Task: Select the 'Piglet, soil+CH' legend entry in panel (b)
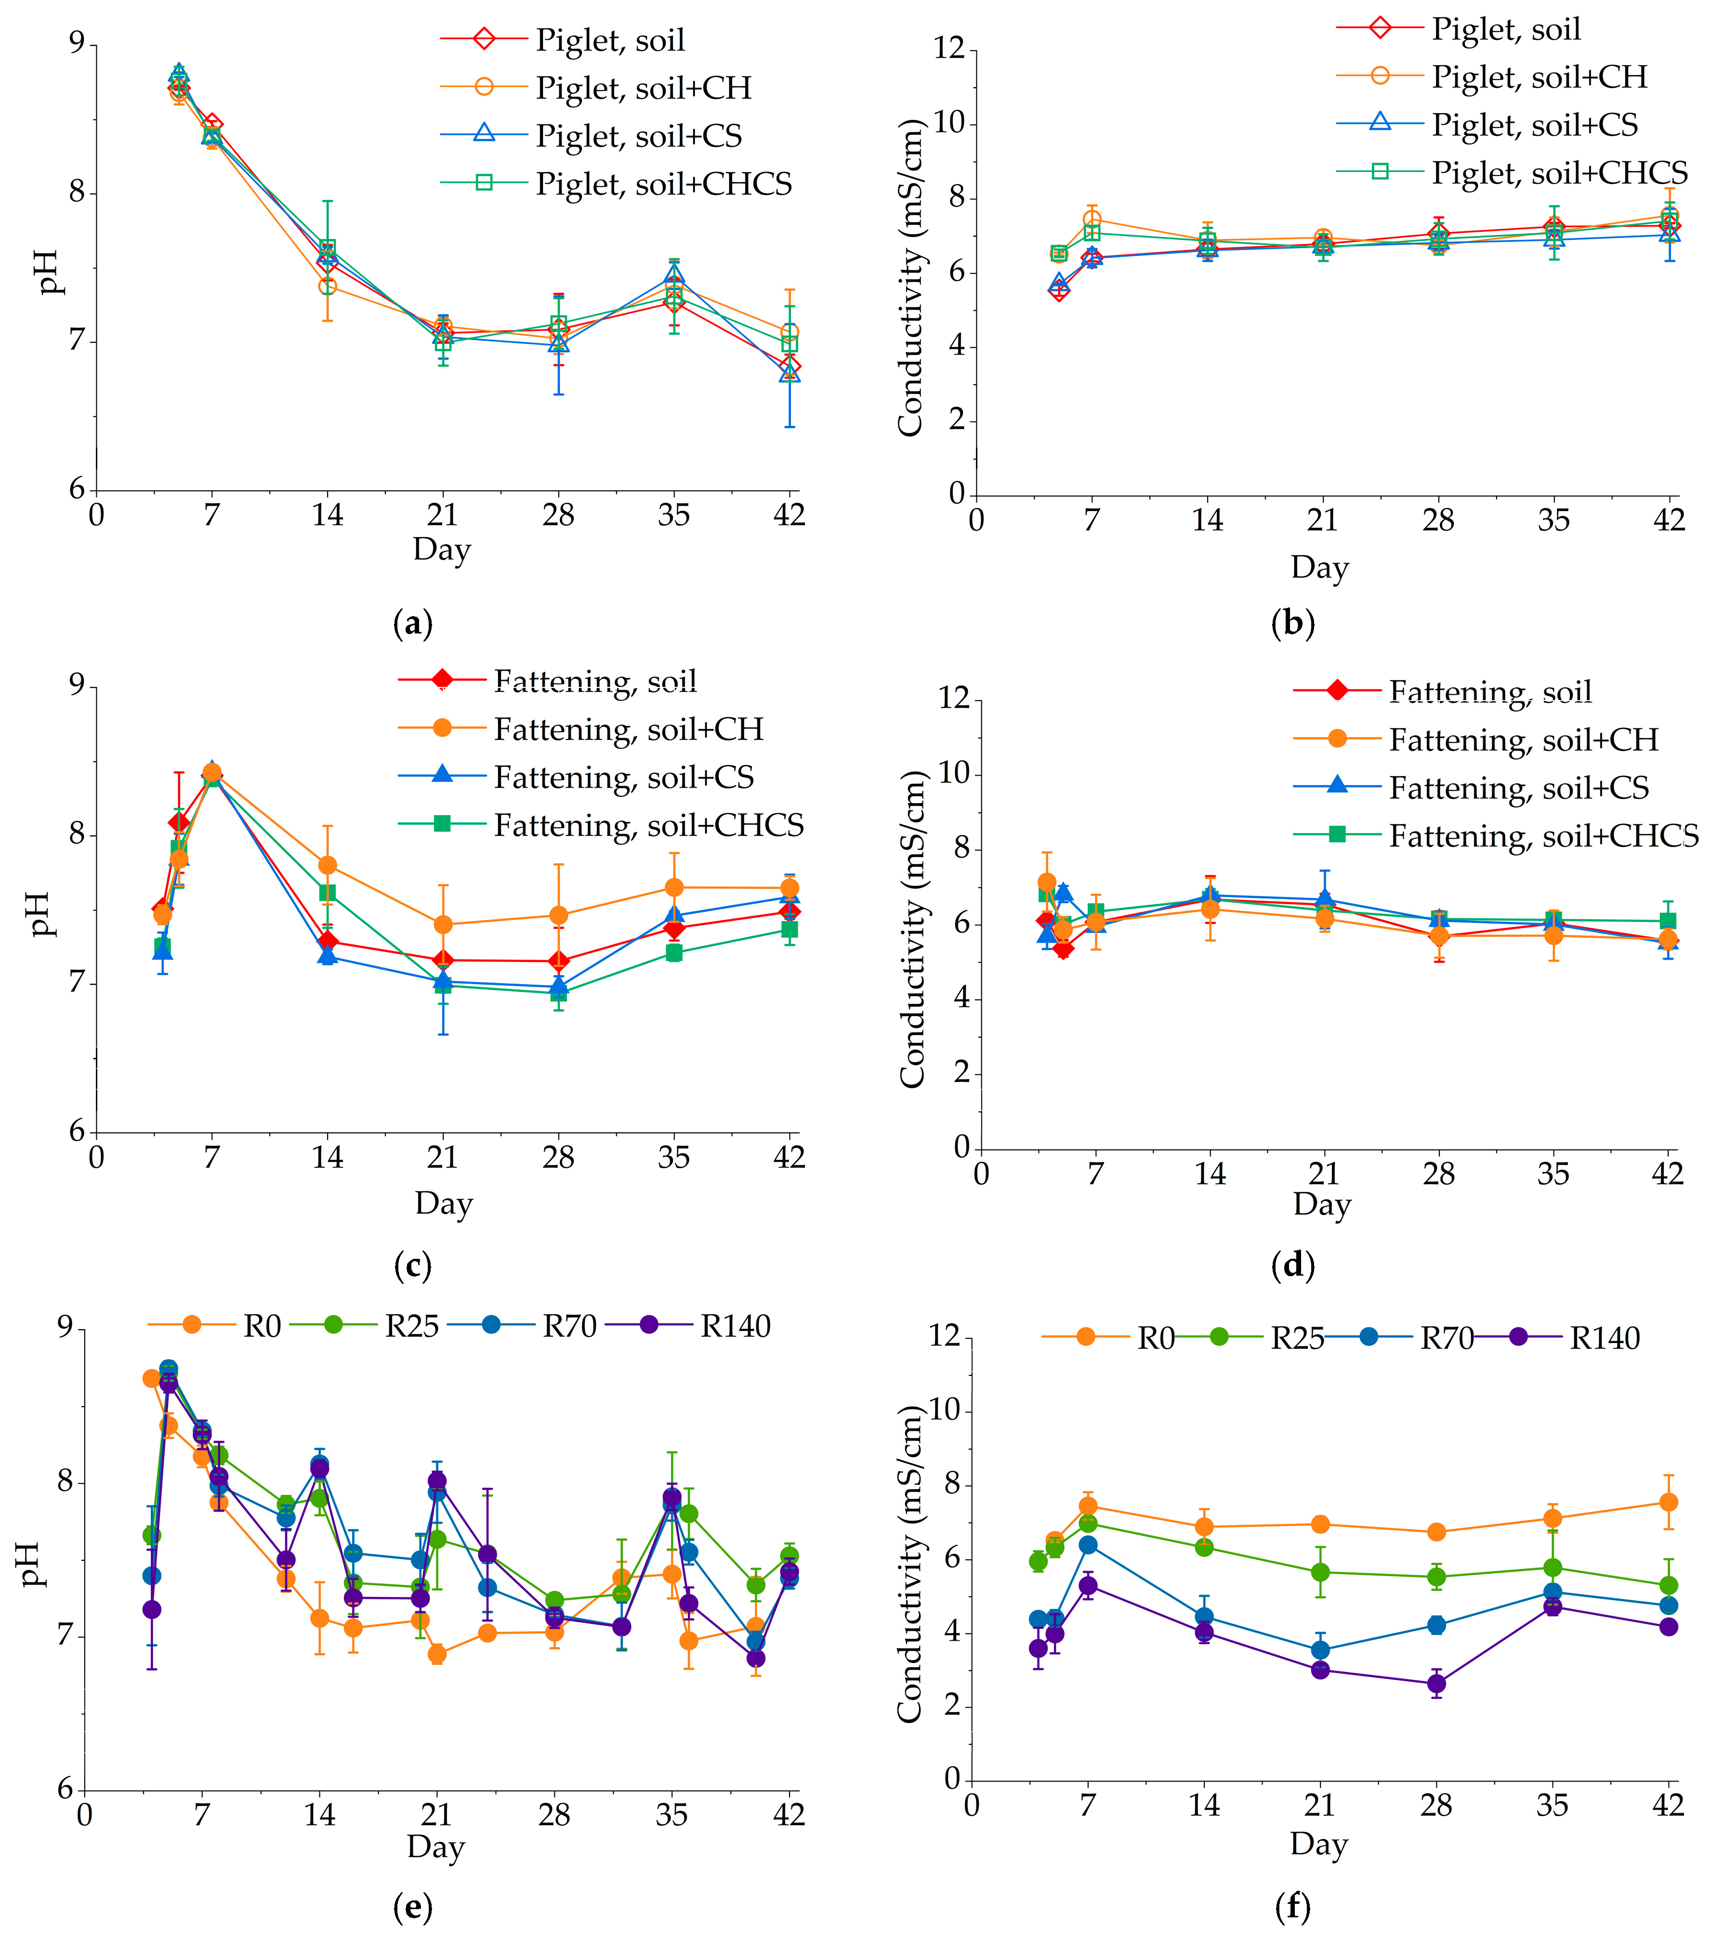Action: pos(1539,77)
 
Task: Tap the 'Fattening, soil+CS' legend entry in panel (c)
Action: pos(623,777)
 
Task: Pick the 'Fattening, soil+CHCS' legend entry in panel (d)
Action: pos(1543,836)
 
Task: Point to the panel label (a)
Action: pos(412,623)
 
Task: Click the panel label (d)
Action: pos(1293,1266)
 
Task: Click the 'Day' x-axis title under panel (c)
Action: pos(443,1203)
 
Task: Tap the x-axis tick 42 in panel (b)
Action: pos(1668,520)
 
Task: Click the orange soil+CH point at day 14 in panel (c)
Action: pos(327,865)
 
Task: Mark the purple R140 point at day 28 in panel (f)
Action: pos(1437,1710)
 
